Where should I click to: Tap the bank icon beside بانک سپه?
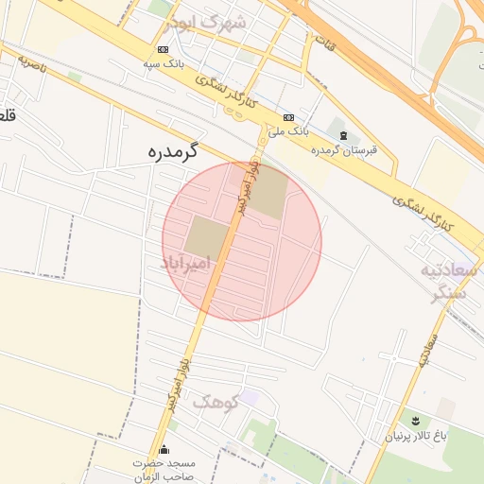(164, 48)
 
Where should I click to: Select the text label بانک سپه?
(162, 63)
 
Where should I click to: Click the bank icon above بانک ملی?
(288, 117)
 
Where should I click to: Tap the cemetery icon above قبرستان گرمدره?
(343, 136)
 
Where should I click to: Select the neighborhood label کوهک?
(212, 403)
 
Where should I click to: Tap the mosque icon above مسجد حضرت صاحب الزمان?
(165, 449)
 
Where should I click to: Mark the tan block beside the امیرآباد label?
(205, 237)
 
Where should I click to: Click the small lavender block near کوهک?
(249, 397)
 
